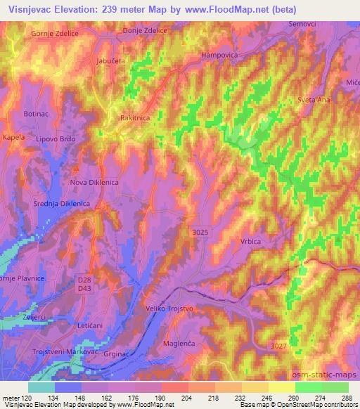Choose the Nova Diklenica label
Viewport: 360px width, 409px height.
click(94, 182)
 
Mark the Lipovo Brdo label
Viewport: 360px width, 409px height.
click(56, 139)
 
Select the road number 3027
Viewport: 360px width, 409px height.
click(279, 344)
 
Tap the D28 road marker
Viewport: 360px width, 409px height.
click(85, 279)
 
